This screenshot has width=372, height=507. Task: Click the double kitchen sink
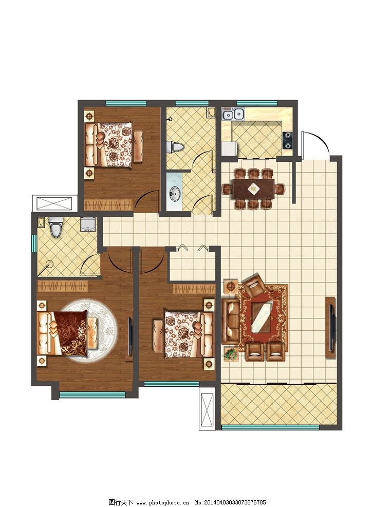[233, 114]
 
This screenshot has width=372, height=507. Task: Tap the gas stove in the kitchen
[287, 140]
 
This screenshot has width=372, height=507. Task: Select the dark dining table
[254, 189]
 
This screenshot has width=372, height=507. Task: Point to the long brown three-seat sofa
[230, 321]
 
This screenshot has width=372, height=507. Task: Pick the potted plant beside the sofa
[231, 353]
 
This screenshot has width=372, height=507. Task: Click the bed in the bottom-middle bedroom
[183, 334]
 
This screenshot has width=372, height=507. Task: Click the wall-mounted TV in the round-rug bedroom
[130, 336]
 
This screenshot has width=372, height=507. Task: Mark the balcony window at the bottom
[270, 427]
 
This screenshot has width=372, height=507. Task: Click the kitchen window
[257, 103]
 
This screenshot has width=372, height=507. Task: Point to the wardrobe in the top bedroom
[108, 205]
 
